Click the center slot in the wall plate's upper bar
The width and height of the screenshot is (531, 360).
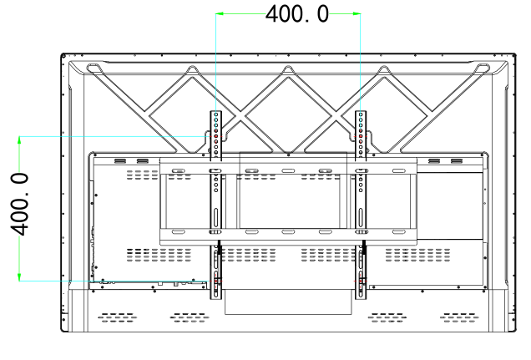[x=287, y=170]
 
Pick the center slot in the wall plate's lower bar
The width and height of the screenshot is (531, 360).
[x=287, y=231]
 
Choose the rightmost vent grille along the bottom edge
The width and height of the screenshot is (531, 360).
[x=457, y=317]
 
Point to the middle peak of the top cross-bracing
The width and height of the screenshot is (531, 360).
[x=287, y=70]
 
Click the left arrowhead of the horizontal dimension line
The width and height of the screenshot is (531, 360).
[x=219, y=13]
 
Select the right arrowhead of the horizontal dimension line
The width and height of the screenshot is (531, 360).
[x=357, y=13]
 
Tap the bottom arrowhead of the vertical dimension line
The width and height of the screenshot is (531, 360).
[x=19, y=277]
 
